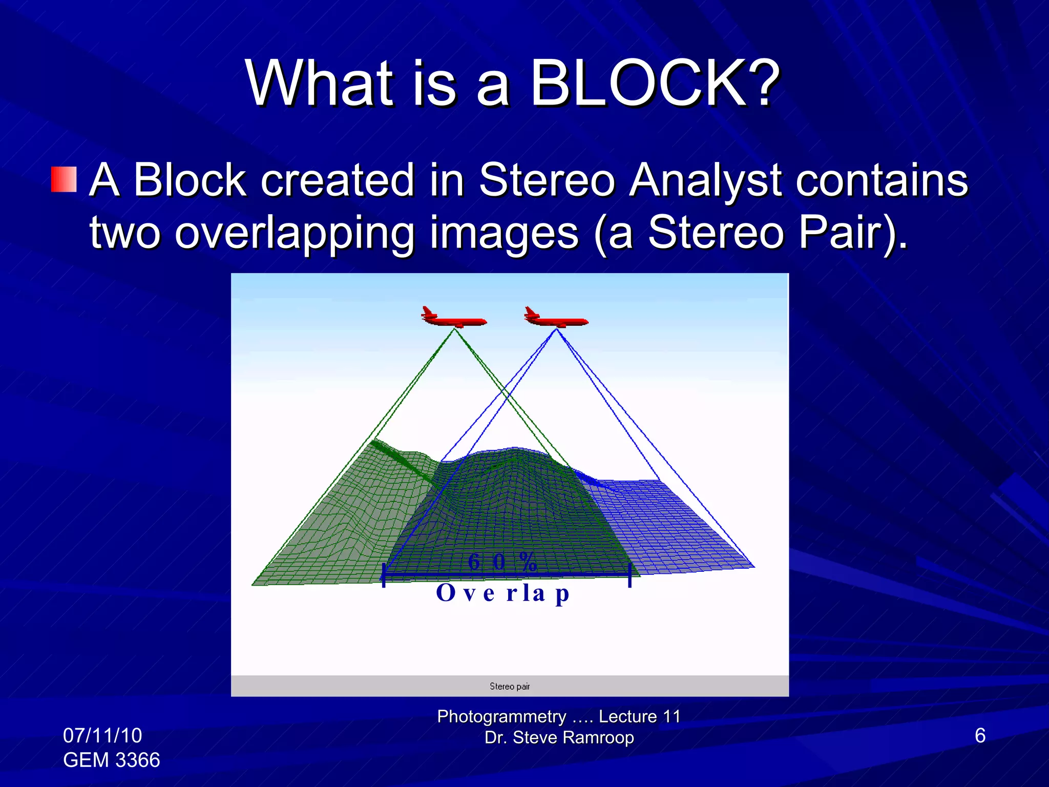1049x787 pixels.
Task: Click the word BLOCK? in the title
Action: click(654, 83)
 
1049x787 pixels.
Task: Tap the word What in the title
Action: click(320, 83)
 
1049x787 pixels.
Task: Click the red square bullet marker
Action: click(64, 179)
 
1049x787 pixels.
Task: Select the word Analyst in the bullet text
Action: click(705, 180)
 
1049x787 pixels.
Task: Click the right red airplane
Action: click(555, 318)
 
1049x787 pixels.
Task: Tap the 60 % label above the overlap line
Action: click(502, 562)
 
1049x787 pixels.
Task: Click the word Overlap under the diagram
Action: click(502, 593)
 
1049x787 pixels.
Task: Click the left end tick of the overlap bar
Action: click(384, 575)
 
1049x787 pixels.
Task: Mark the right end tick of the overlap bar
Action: click(630, 575)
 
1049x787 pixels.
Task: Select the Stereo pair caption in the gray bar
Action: click(510, 686)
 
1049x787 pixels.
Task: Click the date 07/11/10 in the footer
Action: click(102, 735)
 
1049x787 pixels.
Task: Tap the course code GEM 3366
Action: click(111, 760)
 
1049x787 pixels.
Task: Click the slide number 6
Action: click(980, 735)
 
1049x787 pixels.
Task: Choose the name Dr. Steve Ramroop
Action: click(559, 737)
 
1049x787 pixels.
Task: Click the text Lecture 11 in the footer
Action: click(639, 716)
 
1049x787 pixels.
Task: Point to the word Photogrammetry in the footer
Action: click(501, 716)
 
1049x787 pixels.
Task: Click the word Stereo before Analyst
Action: click(547, 180)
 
